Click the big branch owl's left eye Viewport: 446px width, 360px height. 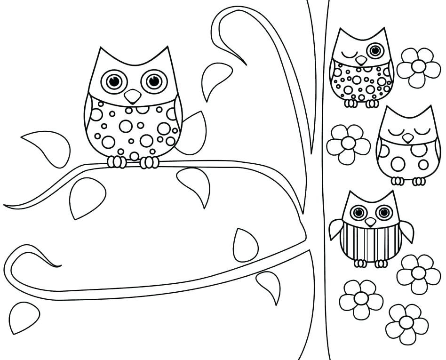pyautogui.click(x=114, y=81)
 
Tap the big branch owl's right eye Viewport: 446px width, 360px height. pyautogui.click(x=154, y=81)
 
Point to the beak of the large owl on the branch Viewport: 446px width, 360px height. pyautogui.click(x=133, y=96)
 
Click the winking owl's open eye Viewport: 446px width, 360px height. pyautogui.click(x=375, y=50)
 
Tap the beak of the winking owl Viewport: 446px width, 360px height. pyautogui.click(x=361, y=60)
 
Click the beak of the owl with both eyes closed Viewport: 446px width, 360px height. pyautogui.click(x=407, y=137)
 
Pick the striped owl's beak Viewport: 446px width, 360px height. pyautogui.click(x=371, y=222)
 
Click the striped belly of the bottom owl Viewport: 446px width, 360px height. pyautogui.click(x=371, y=242)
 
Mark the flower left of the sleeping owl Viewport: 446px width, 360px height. pyautogui.click(x=348, y=144)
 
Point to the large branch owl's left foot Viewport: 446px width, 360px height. pyautogui.click(x=117, y=162)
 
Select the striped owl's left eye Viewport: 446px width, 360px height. pyautogui.click(x=358, y=212)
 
